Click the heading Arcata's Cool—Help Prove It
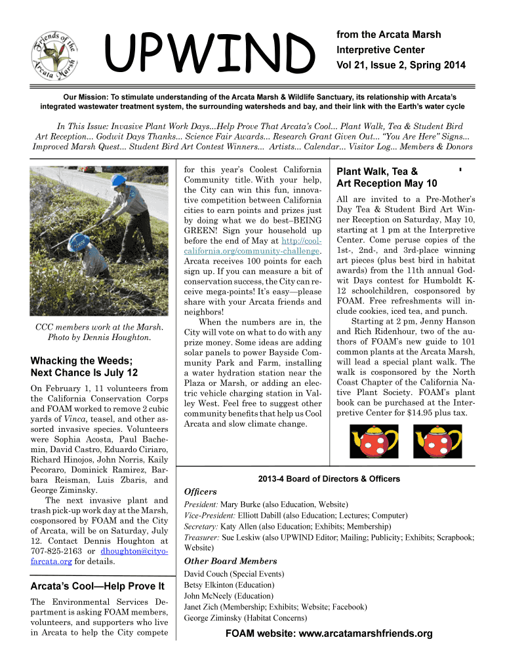click(97, 585)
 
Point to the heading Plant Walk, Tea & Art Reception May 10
click(386, 178)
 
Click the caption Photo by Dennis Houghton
click(98, 337)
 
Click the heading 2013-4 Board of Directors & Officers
click(329, 479)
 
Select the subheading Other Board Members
click(231, 561)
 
